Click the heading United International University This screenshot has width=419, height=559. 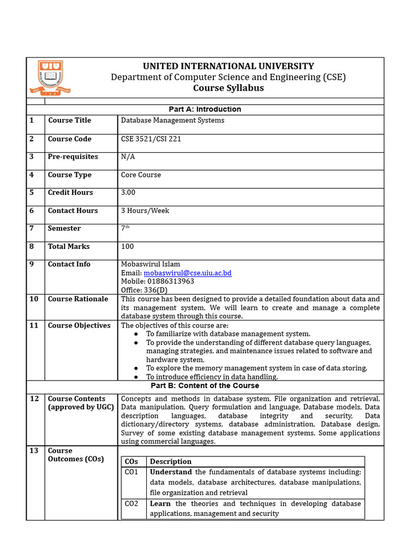click(x=228, y=66)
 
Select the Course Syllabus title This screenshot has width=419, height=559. click(x=228, y=88)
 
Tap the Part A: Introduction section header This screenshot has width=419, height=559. click(x=205, y=109)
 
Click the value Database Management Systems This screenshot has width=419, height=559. click(x=172, y=121)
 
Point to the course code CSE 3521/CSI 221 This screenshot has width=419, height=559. click(x=151, y=139)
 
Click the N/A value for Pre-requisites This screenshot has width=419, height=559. click(x=128, y=157)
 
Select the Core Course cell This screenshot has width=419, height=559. click(x=141, y=175)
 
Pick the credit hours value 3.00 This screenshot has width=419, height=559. click(x=128, y=193)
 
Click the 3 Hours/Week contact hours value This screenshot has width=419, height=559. click(x=145, y=211)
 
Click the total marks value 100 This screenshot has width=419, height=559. click(x=127, y=247)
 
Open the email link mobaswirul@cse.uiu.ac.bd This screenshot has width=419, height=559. click(x=188, y=273)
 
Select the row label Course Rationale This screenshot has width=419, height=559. click(x=78, y=299)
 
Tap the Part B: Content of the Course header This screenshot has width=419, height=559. click(x=205, y=386)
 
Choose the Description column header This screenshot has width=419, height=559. click(x=171, y=462)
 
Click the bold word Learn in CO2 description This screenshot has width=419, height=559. click(x=160, y=504)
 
